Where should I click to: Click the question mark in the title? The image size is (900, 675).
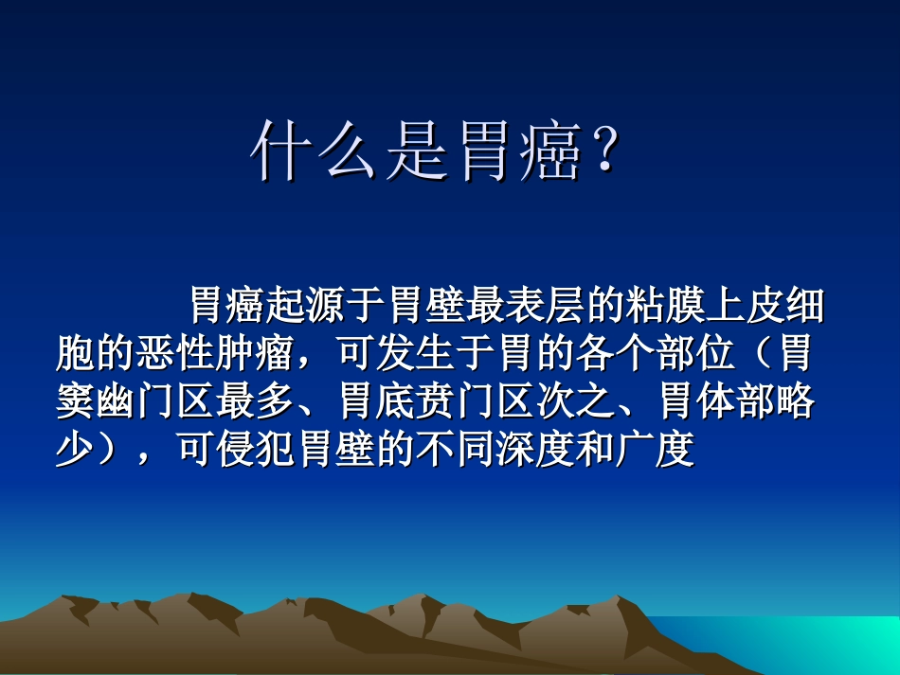pyautogui.click(x=604, y=151)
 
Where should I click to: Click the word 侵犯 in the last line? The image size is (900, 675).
pyautogui.click(x=260, y=452)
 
